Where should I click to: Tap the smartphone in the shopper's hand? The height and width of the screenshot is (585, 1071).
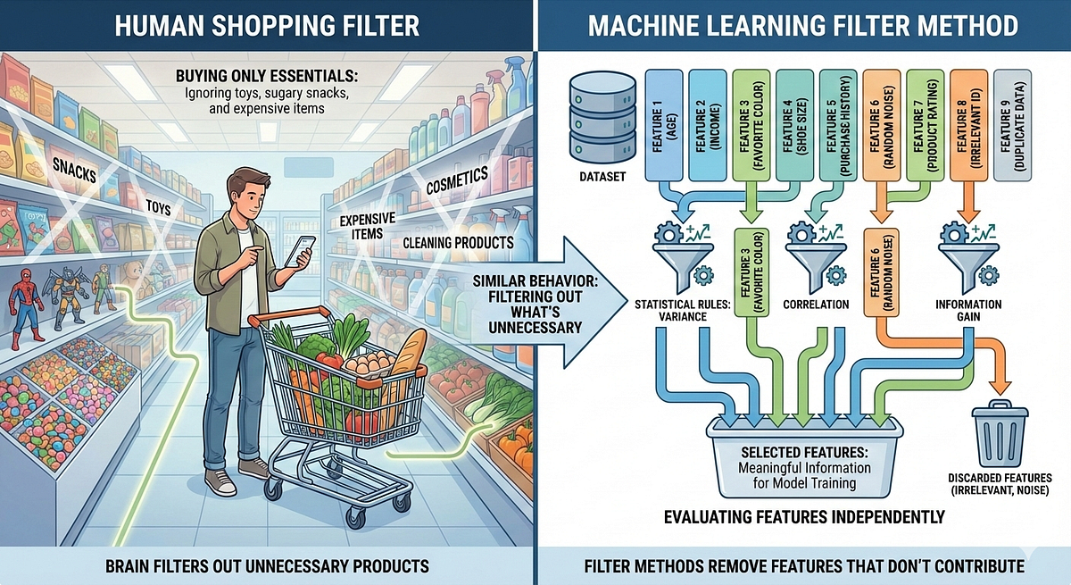click(x=300, y=251)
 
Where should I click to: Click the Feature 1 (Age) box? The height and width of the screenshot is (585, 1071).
click(x=664, y=125)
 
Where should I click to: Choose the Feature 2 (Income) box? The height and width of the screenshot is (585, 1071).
click(x=707, y=125)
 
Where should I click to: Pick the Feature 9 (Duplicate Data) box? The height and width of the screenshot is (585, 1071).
click(x=1012, y=125)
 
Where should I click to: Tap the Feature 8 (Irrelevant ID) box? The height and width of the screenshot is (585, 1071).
click(x=968, y=125)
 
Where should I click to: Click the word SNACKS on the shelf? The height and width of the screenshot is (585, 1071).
click(x=74, y=171)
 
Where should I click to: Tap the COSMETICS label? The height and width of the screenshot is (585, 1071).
click(x=457, y=180)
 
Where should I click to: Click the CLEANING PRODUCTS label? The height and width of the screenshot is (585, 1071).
click(x=458, y=243)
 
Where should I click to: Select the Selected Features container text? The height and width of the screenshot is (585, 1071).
click(x=804, y=467)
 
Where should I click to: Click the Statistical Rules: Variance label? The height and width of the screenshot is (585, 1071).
click(x=682, y=311)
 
